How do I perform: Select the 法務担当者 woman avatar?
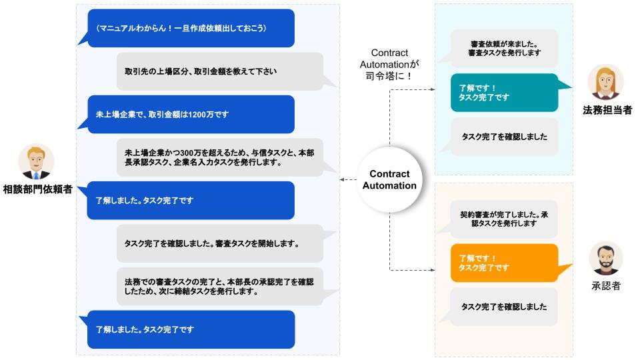tap(605, 83)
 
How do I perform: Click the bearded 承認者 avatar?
tap(606, 259)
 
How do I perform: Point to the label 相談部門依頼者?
tap(37, 189)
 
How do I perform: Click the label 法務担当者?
tap(607, 111)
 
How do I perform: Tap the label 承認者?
tap(606, 286)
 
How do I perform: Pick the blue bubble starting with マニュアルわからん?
tap(191, 28)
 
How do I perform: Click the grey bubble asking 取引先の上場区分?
tap(219, 71)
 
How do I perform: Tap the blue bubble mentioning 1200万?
tap(191, 115)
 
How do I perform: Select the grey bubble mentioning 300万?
tap(219, 157)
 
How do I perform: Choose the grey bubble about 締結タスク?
tap(219, 286)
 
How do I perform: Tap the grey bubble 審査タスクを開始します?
tap(219, 243)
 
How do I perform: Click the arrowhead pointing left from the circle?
tap(342, 180)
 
